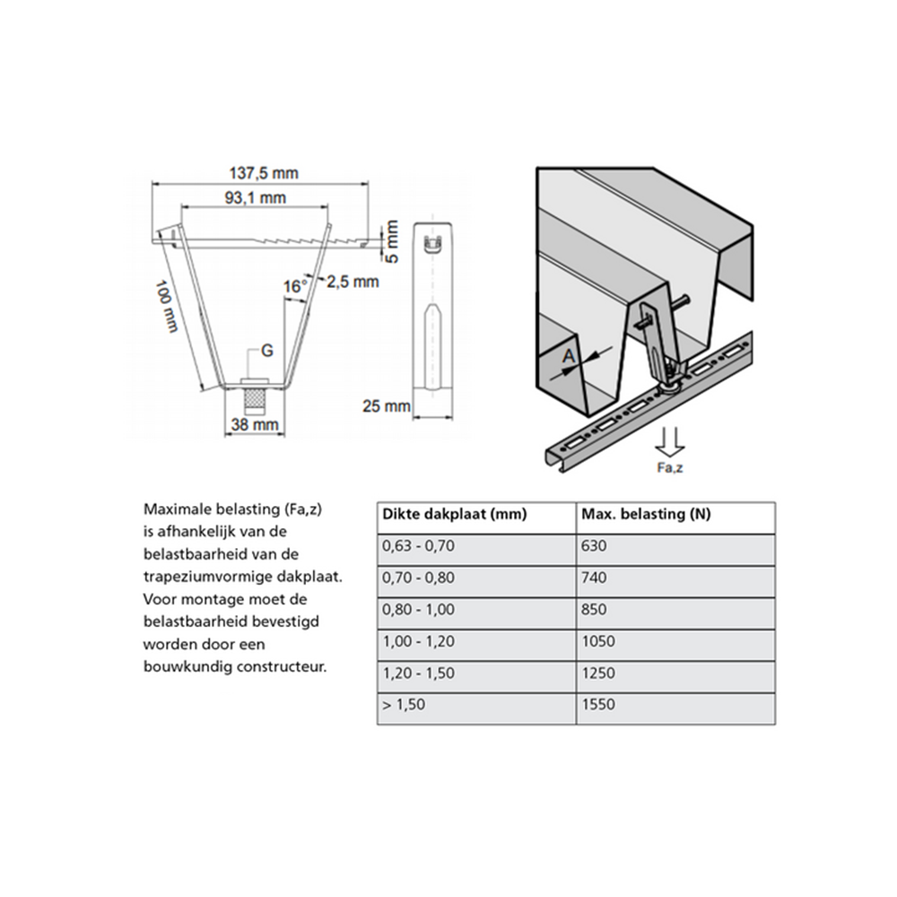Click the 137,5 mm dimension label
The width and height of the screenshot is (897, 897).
coord(262,173)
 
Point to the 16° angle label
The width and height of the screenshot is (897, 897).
coord(294,286)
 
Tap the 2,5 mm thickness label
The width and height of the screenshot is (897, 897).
coord(352,282)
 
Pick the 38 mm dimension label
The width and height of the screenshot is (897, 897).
coord(256,424)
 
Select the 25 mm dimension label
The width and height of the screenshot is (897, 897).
coord(385,405)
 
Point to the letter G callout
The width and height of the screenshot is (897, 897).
coord(266,352)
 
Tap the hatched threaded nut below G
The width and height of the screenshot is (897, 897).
coord(257,395)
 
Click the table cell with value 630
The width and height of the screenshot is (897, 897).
coord(596,546)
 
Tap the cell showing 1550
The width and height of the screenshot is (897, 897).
coord(598,704)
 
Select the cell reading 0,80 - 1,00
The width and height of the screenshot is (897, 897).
coord(418,610)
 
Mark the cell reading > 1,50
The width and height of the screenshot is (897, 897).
coord(404,704)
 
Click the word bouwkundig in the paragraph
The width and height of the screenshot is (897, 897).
coord(187,666)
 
